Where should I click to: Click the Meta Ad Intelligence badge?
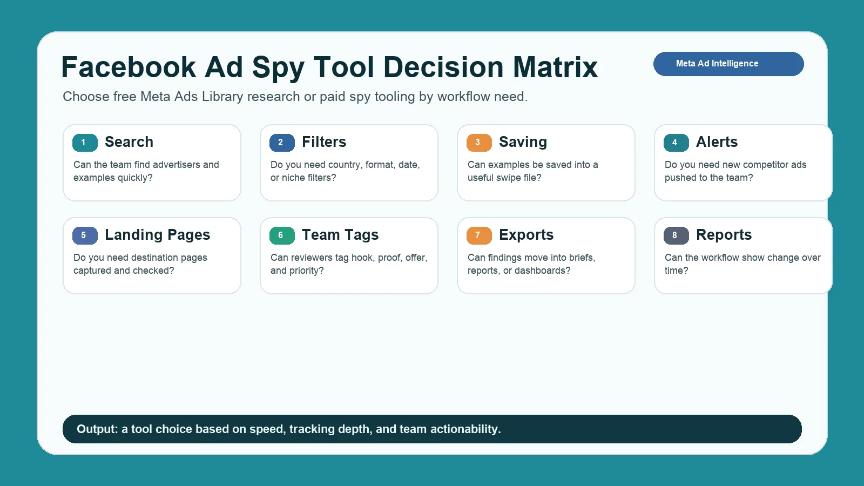(728, 64)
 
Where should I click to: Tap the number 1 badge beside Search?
(85, 143)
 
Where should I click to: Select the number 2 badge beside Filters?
(282, 143)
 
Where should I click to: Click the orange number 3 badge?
(479, 143)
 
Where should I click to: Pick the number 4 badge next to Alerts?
(676, 143)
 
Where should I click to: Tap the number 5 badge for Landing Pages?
(85, 235)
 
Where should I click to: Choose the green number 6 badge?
(282, 235)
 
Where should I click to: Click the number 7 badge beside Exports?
(479, 235)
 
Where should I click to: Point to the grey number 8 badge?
(676, 235)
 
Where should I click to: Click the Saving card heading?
(523, 143)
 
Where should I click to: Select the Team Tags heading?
(340, 235)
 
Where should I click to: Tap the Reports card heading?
(724, 235)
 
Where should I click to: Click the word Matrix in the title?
(555, 67)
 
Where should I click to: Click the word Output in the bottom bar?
(97, 429)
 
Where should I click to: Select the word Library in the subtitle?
(222, 97)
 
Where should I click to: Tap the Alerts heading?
(717, 142)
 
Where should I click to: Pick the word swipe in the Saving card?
(511, 178)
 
